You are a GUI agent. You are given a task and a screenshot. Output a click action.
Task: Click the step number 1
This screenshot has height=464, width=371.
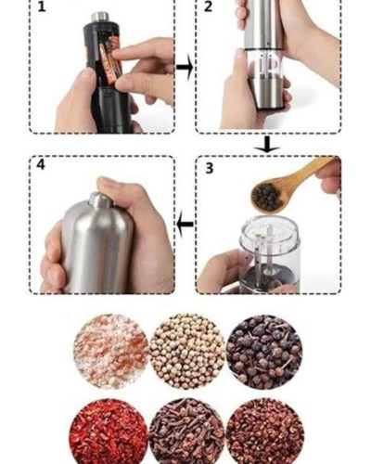point(42,6)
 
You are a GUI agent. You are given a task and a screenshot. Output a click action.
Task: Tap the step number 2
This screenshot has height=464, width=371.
point(208,6)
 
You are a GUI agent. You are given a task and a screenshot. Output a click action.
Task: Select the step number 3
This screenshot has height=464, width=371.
point(210,168)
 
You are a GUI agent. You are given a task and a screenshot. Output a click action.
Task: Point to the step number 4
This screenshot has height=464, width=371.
point(41,164)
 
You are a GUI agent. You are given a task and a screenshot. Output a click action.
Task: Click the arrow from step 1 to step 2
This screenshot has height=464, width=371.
point(185,68)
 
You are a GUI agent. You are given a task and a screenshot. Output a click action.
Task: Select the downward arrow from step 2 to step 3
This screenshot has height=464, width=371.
point(267,145)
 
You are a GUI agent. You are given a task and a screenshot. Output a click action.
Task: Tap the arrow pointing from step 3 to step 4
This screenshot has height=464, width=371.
point(185,224)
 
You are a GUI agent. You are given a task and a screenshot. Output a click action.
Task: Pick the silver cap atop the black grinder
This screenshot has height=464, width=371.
point(100,17)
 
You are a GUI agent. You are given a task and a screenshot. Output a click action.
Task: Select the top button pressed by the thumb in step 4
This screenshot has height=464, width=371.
point(100,200)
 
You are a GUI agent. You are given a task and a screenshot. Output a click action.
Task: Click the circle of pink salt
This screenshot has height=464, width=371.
point(111,352)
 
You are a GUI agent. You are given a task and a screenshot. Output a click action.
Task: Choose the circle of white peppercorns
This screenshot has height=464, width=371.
point(187,352)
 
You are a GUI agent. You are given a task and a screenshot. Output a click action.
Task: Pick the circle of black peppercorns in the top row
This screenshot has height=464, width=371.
point(264,352)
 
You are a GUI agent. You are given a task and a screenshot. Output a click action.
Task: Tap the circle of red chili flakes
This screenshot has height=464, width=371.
point(109,433)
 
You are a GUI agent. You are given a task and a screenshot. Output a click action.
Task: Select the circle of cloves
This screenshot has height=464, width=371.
point(186,433)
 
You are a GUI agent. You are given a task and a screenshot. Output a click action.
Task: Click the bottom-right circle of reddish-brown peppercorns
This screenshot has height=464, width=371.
point(265,433)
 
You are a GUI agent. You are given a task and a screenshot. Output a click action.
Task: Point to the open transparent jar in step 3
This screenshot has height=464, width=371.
point(269,253)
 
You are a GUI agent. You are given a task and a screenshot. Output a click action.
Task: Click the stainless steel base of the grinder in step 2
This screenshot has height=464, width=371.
point(266,94)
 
